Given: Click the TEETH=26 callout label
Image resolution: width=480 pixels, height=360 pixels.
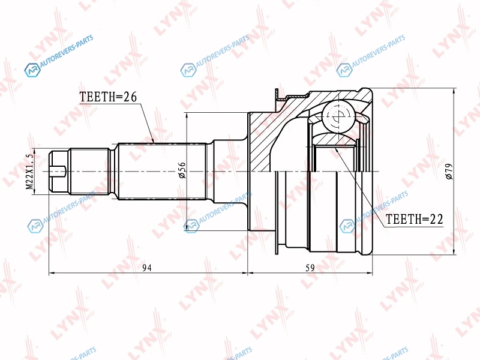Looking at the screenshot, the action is point(108,97).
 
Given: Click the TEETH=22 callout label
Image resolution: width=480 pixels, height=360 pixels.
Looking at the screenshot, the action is point(414,219).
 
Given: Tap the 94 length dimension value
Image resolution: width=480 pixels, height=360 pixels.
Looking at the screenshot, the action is point(147,268).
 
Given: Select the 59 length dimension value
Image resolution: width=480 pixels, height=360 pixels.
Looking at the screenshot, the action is point(310,268).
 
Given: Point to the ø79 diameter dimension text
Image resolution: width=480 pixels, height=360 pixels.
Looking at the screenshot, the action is point(449,172).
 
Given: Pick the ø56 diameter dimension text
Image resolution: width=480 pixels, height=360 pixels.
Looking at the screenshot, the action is point(182,170).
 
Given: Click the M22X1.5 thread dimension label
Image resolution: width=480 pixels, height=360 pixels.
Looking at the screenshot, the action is point(29,172).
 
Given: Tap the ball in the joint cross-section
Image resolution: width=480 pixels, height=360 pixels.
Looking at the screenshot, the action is point(338,116).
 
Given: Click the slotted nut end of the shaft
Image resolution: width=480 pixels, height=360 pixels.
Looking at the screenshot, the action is point(59,172).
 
